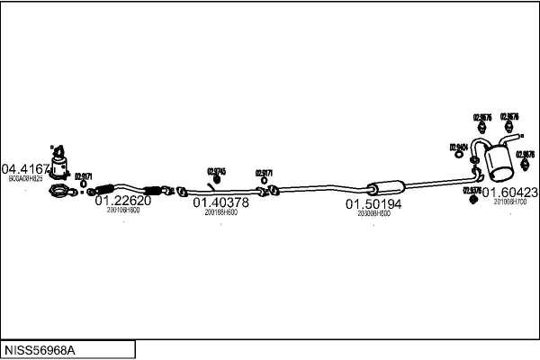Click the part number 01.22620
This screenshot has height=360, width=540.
[122, 201]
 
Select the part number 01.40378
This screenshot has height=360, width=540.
[220, 203]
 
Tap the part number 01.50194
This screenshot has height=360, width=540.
[373, 204]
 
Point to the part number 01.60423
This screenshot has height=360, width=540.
[510, 193]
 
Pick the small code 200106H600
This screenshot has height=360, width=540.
[122, 211]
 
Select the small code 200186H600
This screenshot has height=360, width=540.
[220, 213]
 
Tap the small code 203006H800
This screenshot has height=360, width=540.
[373, 214]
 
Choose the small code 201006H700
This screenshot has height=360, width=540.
[509, 202]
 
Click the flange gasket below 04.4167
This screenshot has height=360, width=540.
[59, 190]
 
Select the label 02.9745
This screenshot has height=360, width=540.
[217, 171]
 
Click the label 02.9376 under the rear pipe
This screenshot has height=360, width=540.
[472, 191]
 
